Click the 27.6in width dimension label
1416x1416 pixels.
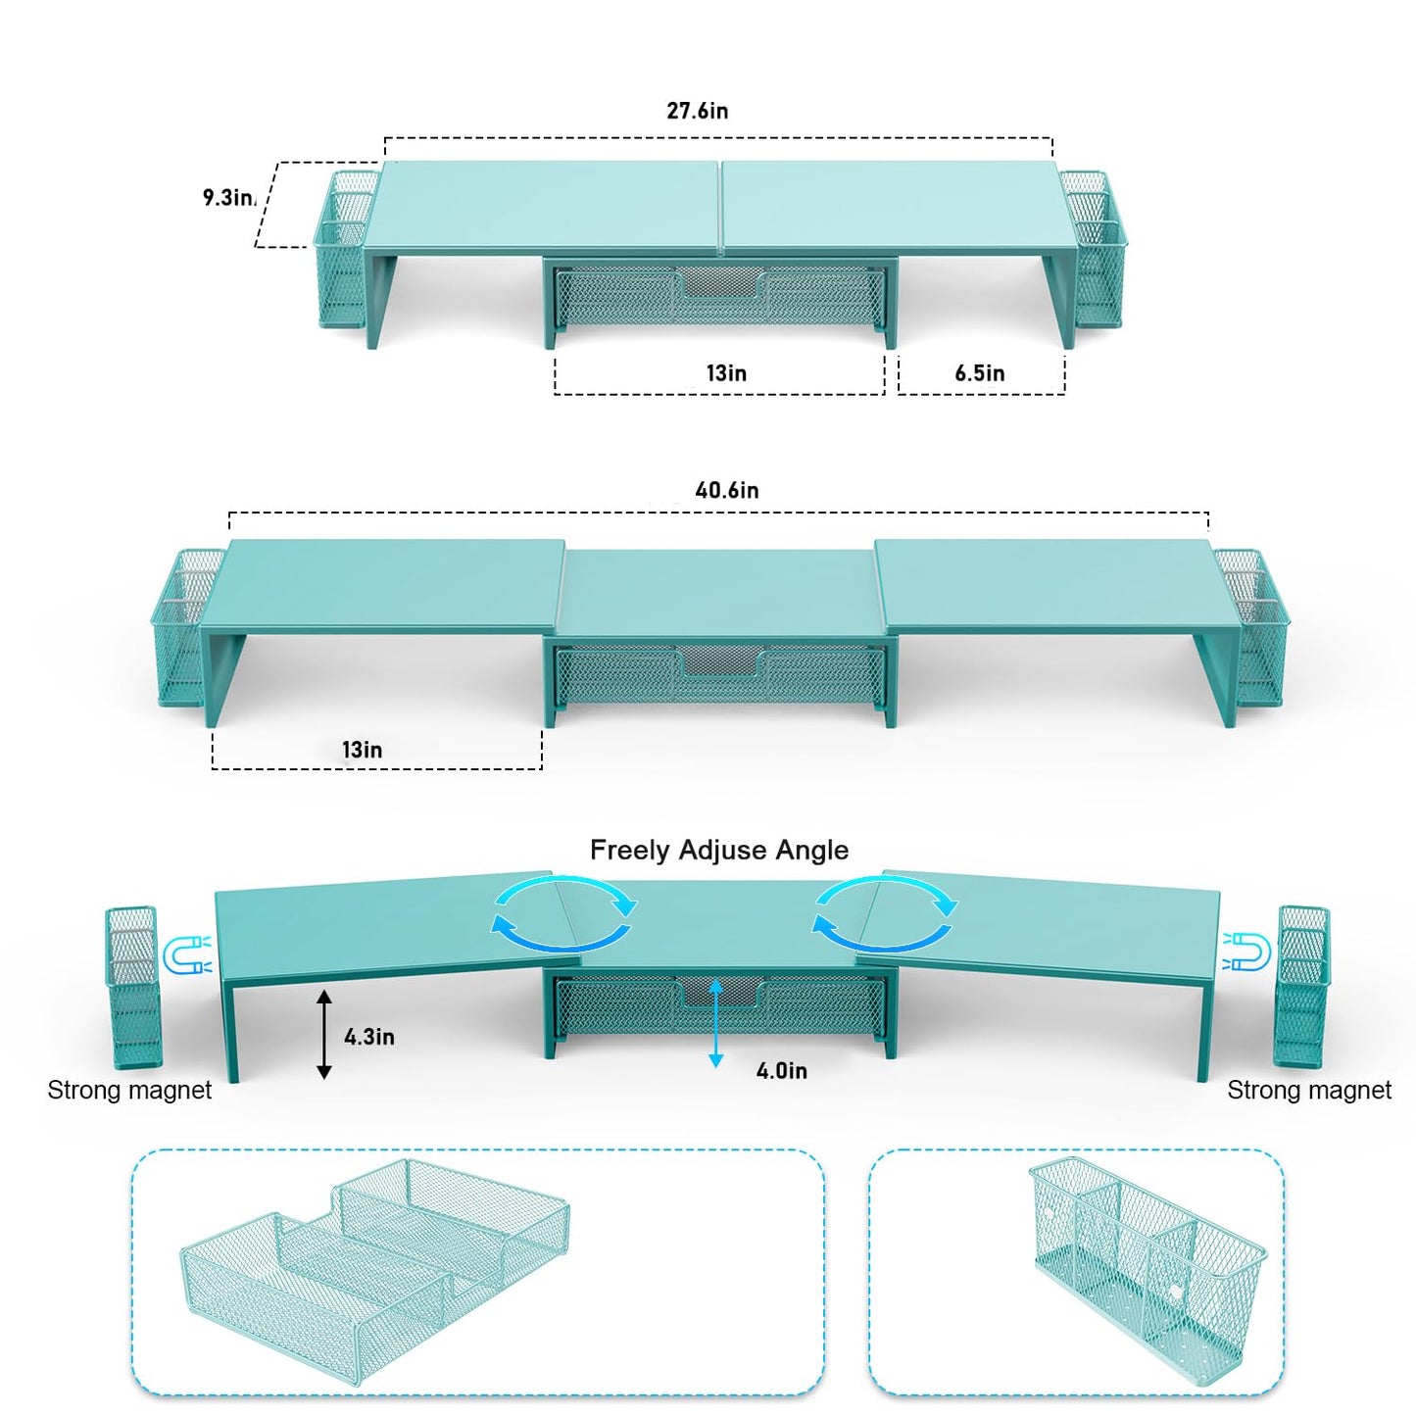pyautogui.click(x=698, y=111)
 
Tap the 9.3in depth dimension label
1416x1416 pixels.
pyautogui.click(x=229, y=198)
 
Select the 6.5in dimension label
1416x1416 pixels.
pyautogui.click(x=980, y=373)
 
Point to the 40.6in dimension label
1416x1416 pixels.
pyautogui.click(x=727, y=490)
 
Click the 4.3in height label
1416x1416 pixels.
pyautogui.click(x=368, y=1037)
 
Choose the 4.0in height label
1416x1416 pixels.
pyautogui.click(x=782, y=1071)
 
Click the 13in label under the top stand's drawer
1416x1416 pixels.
pyautogui.click(x=727, y=373)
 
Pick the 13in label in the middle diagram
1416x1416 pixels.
pyautogui.click(x=363, y=750)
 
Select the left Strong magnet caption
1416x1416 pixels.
pyautogui.click(x=129, y=1090)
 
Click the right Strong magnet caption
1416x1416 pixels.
pyautogui.click(x=1309, y=1090)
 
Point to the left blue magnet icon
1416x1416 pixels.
pyautogui.click(x=187, y=955)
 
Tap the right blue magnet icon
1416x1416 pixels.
pyautogui.click(x=1247, y=951)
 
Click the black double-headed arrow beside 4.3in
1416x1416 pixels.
pyautogui.click(x=324, y=1034)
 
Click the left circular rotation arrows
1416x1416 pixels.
pyautogui.click(x=563, y=913)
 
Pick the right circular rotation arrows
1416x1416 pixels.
pyautogui.click(x=885, y=913)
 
